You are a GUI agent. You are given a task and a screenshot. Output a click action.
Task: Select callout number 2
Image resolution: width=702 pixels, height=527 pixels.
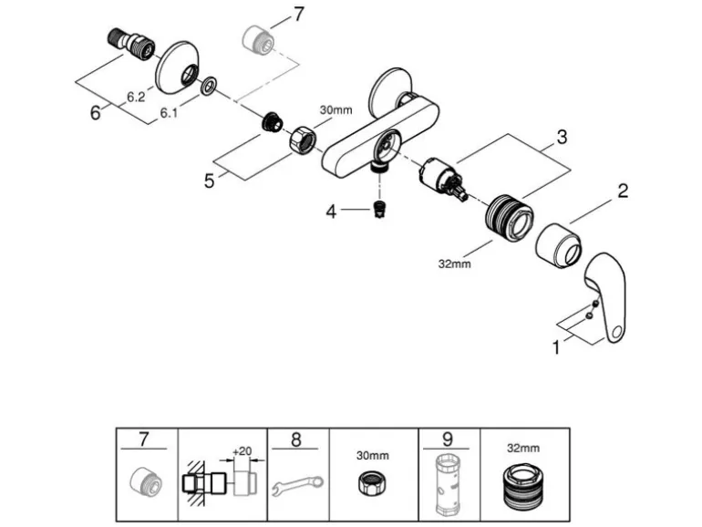tap(623, 192)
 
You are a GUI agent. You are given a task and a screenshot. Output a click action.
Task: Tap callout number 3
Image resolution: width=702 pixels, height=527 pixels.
tap(562, 139)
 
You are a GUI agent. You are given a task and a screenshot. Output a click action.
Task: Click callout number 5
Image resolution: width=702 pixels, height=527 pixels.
tap(210, 181)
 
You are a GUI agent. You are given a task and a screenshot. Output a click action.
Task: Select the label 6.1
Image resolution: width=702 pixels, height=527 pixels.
tap(169, 113)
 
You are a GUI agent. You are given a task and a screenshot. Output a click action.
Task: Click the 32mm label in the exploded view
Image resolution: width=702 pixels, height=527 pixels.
tap(454, 264)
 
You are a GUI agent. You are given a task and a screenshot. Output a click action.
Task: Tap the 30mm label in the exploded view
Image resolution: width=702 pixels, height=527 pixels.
tap(335, 110)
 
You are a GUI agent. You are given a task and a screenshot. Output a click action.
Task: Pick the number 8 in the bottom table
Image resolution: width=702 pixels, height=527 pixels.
tap(296, 439)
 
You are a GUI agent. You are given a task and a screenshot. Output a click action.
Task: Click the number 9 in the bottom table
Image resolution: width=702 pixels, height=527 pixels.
tap(447, 439)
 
